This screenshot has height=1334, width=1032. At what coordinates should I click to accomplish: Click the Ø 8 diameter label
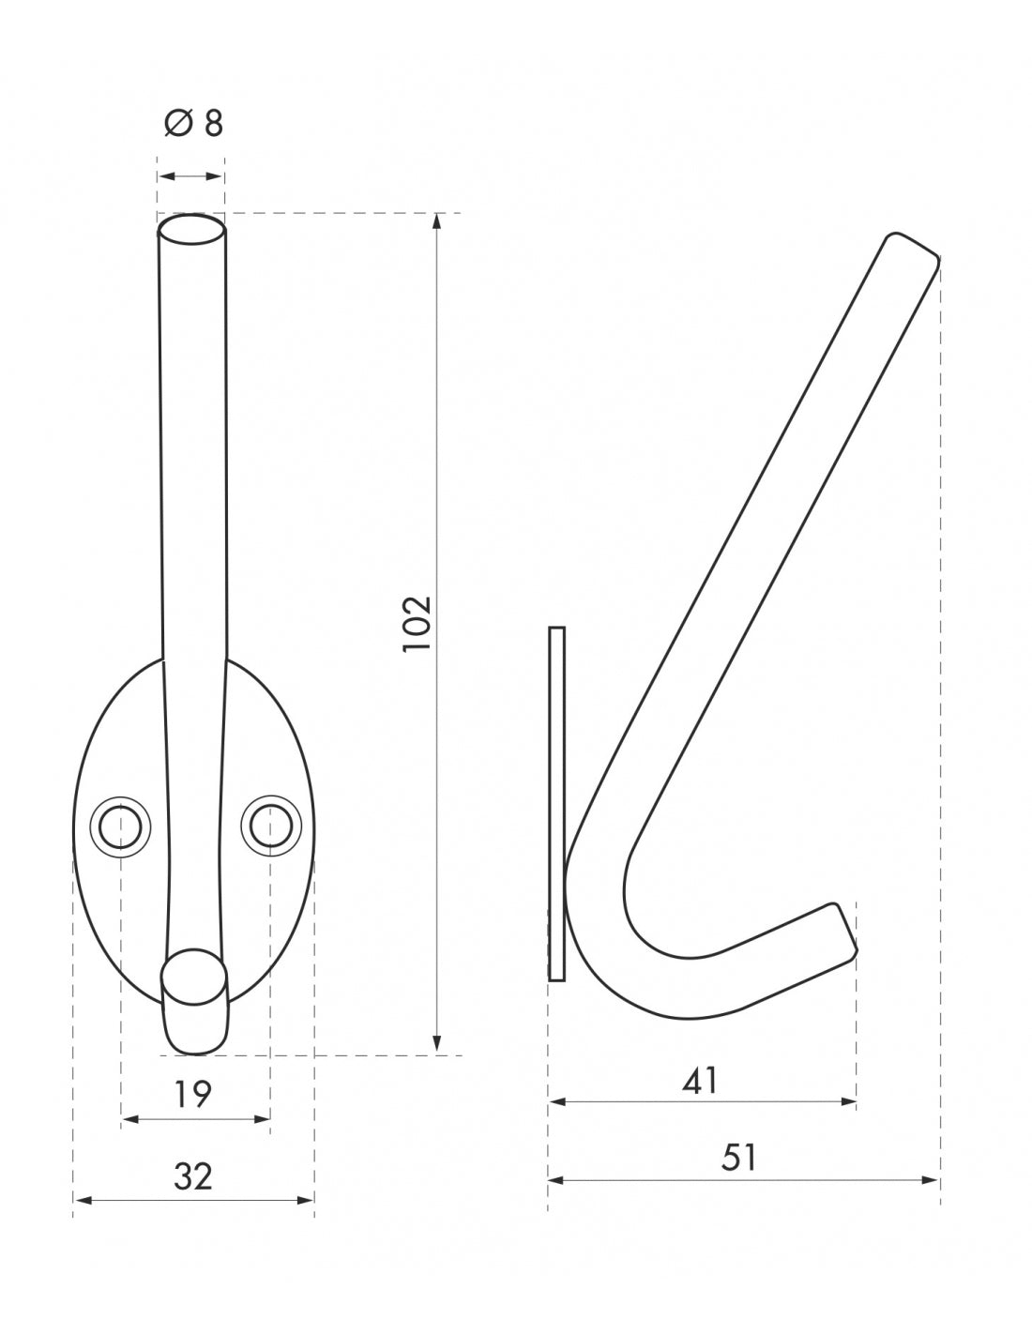coord(194,123)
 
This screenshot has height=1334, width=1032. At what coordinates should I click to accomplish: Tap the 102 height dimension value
coord(416,624)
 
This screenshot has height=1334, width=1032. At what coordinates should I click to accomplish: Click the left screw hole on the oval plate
coord(120,825)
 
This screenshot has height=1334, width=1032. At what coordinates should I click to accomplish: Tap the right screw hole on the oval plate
coord(270,825)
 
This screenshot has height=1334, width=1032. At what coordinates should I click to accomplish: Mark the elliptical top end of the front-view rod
coord(190,229)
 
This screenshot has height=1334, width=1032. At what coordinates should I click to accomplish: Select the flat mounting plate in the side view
coord(556,804)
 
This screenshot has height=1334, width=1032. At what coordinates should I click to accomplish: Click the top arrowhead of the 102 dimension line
coord(436,221)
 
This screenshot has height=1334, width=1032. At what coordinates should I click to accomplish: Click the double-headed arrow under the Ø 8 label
coord(190,176)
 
